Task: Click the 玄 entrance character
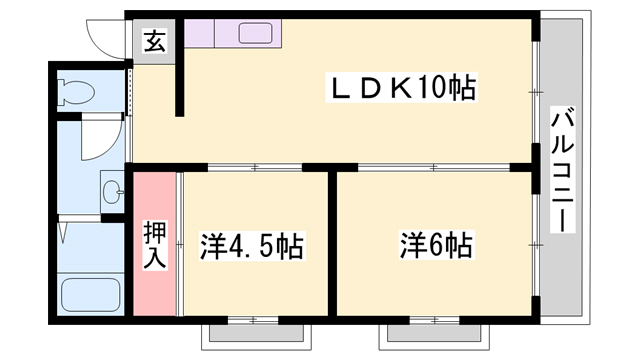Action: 155,43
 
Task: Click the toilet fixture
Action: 76,94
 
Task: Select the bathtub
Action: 90,294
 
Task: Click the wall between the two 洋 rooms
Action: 333,240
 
